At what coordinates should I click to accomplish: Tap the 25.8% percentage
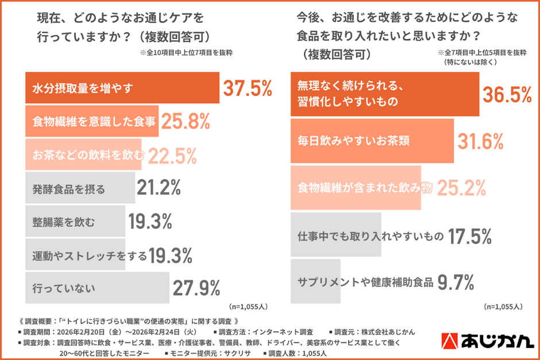coord(186,121)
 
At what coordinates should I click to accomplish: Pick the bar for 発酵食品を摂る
coord(80,187)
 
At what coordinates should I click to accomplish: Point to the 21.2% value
coord(159,187)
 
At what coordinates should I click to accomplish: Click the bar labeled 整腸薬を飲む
coord(75,220)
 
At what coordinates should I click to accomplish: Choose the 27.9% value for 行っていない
coord(196,287)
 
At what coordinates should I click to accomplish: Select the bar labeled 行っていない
coord(97,287)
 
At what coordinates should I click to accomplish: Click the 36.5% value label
coord(506,94)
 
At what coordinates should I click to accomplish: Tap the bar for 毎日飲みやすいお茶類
coord(372,141)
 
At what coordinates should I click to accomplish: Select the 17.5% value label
coord(469,235)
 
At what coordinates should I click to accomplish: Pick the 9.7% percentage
coord(456,282)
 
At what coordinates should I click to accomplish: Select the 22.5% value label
coord(173,154)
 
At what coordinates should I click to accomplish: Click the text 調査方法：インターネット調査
coord(266,332)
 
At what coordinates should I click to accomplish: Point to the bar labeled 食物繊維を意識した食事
coord(92,121)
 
